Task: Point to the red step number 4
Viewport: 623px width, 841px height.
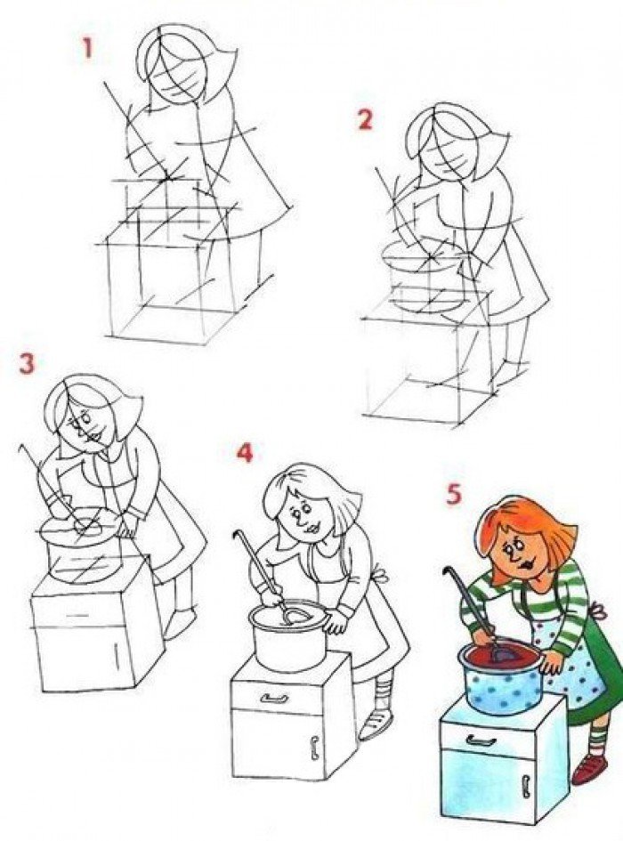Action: [x=244, y=453]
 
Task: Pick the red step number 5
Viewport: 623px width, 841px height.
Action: [x=454, y=495]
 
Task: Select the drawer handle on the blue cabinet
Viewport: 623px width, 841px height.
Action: [x=481, y=740]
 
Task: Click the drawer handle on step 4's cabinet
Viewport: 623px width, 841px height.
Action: [x=274, y=699]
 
